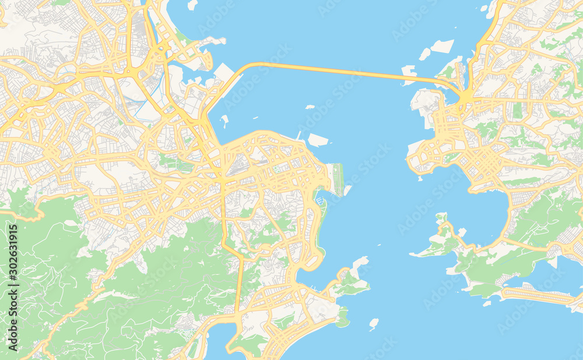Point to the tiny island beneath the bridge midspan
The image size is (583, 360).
click(310, 107)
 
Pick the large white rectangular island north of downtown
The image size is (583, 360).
click(318, 140)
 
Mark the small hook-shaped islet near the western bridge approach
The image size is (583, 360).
click(224, 121)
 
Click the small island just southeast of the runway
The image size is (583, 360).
click(347, 190)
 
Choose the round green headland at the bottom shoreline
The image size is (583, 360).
click(343, 317)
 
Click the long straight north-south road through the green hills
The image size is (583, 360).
click(239, 280)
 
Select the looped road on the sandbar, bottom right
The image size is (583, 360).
click(536, 295)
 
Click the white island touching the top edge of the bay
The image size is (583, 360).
click(192, 5)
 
